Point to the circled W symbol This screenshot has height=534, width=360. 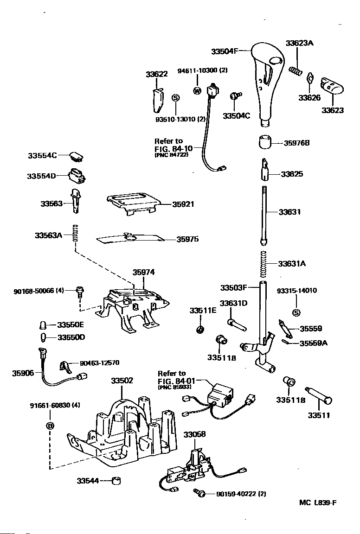[197, 90]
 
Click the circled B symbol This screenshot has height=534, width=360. [50, 426]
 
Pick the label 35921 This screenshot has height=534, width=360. [183, 204]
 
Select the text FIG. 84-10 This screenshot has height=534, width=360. [174, 148]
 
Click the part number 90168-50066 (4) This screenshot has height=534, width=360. [39, 291]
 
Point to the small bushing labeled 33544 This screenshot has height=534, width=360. [117, 481]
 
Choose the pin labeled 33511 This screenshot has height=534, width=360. [319, 396]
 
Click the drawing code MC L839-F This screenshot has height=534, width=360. [318, 502]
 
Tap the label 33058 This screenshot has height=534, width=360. [195, 434]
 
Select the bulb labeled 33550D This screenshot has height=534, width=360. [43, 337]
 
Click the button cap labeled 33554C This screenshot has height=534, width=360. [77, 156]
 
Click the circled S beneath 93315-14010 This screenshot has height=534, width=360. [296, 312]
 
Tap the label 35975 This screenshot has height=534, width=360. [187, 239]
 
